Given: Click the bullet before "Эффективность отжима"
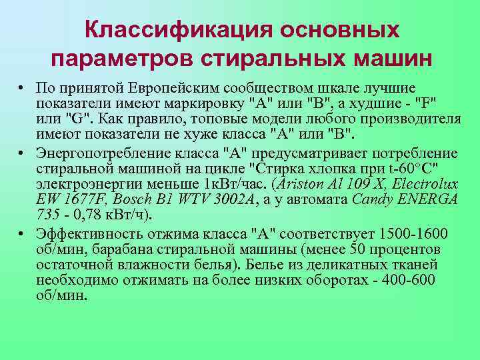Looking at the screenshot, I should click(22, 233).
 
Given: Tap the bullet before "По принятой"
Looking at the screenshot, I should click(22, 89).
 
